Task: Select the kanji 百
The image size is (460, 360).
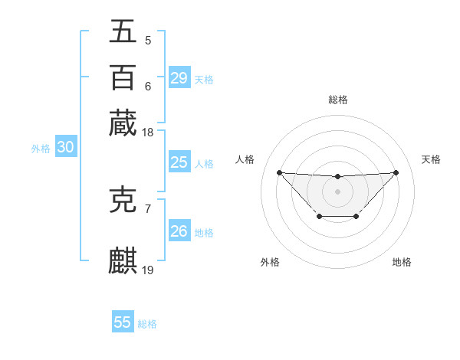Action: pyautogui.click(x=123, y=77)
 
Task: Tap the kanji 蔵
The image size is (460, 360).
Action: pyautogui.click(x=123, y=123)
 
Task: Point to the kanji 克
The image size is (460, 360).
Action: pyautogui.click(x=123, y=199)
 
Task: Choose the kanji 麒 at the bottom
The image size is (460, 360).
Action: pyautogui.click(x=123, y=260)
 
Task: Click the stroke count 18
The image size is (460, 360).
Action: pyautogui.click(x=148, y=133)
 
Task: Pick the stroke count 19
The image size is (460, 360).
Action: pyautogui.click(x=148, y=270)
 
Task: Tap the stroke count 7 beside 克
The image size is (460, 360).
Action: pyautogui.click(x=148, y=208)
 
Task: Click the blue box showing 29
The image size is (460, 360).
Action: pyautogui.click(x=179, y=78)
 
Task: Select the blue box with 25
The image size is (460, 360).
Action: pyautogui.click(x=179, y=162)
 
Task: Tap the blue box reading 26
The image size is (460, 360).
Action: pyautogui.click(x=179, y=231)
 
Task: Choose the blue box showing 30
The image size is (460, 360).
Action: pyautogui.click(x=65, y=148)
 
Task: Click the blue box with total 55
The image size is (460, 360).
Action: pyautogui.click(x=123, y=322)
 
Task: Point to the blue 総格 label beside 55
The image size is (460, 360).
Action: pyautogui.click(x=147, y=324)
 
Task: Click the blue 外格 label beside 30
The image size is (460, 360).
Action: pyautogui.click(x=41, y=149)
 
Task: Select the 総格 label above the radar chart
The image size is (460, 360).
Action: pyautogui.click(x=338, y=100)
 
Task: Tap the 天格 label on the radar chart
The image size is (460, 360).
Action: pyautogui.click(x=432, y=159)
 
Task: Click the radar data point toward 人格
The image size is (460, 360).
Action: pyautogui.click(x=279, y=172)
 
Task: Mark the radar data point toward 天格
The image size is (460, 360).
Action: pyautogui.click(x=396, y=172)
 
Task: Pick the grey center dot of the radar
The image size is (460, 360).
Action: pyautogui.click(x=337, y=191)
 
